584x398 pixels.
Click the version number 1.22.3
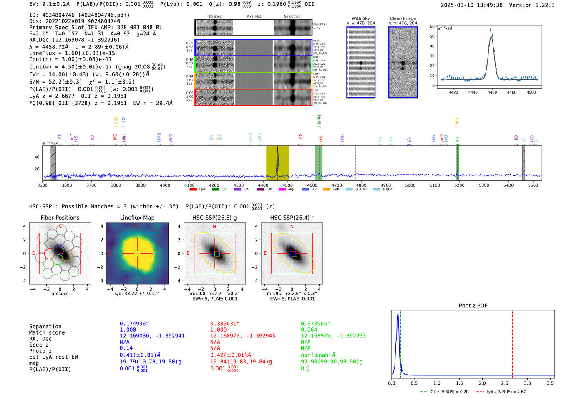tap(540, 5)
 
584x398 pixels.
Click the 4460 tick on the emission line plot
tap(492, 92)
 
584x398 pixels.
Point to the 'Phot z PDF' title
tap(473, 306)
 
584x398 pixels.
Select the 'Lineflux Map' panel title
tap(137, 218)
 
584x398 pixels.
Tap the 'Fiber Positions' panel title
tap(60, 218)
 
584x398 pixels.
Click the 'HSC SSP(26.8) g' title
tap(214, 218)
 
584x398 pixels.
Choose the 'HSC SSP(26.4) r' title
tap(292, 218)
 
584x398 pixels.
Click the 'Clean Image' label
tap(403, 18)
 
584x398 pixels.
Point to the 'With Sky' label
tap(361, 18)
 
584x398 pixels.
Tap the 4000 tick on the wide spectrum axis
tap(165, 185)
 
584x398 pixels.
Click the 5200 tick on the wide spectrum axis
tap(459, 185)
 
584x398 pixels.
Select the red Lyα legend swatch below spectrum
tap(193, 190)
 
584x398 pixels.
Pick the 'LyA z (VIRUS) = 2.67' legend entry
tap(506, 392)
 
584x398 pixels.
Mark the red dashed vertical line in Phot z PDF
tap(512, 342)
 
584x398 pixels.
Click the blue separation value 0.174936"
tap(134, 324)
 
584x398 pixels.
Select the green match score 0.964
tap(309, 330)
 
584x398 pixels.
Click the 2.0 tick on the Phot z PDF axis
tap(482, 383)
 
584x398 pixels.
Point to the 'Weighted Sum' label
tap(320, 26)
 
